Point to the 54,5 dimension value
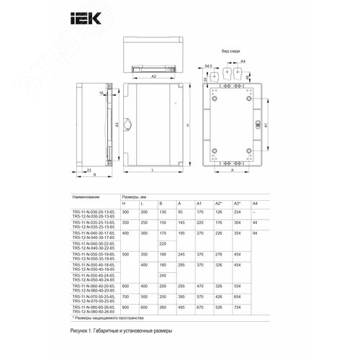[x=209, y=66]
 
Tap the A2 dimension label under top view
[x=154, y=75]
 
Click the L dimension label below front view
[x=155, y=170]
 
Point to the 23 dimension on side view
[x=88, y=170]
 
